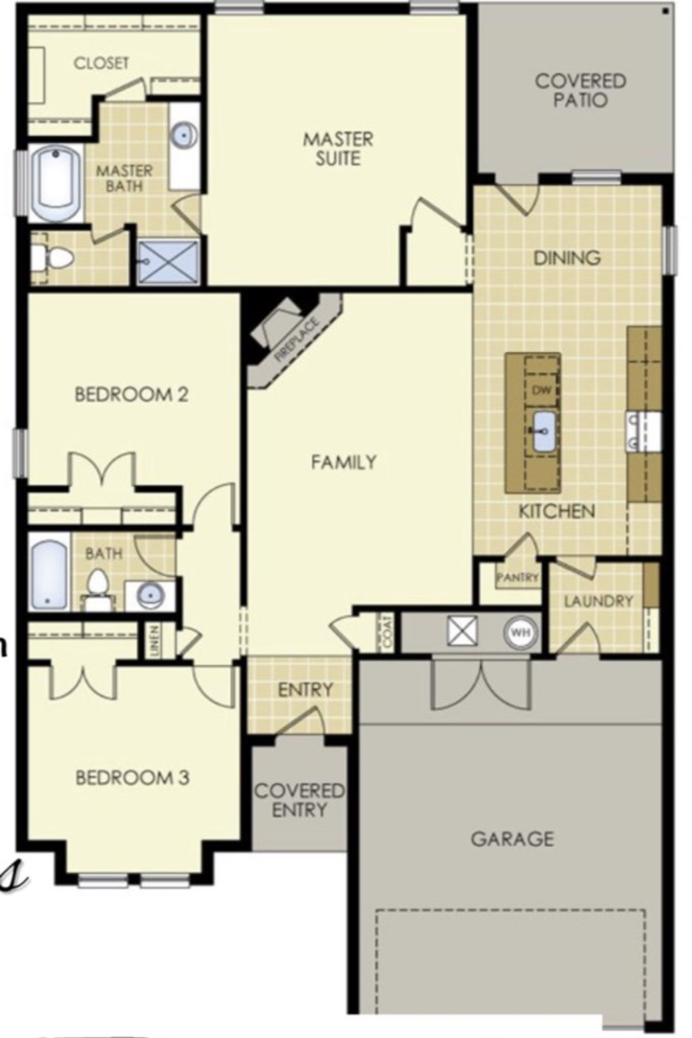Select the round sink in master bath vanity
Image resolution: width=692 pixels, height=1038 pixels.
184,134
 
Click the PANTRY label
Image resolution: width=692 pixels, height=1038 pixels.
517,577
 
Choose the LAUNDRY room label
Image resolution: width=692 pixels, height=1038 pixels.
598,601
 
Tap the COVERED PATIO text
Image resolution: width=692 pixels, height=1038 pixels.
580,90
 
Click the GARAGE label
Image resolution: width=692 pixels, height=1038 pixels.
512,839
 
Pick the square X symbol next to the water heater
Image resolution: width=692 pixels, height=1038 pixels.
462,630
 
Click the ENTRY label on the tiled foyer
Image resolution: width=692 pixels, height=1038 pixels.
305,690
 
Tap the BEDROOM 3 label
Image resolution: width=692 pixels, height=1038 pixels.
132,778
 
